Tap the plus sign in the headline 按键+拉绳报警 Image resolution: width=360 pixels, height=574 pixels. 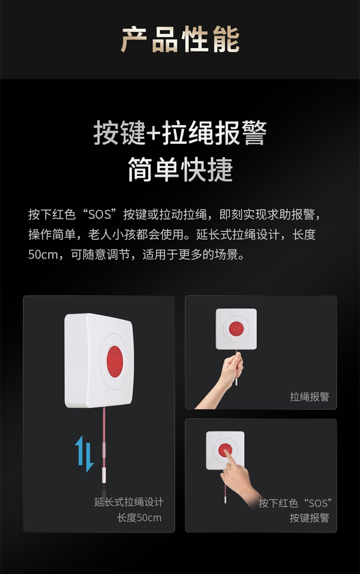coord(154,134)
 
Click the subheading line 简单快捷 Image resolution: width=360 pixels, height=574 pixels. coord(180,170)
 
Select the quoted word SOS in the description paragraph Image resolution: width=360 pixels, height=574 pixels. coord(100,214)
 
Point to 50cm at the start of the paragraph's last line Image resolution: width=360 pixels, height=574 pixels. coord(43,255)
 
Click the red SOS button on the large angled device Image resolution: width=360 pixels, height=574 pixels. coord(115,361)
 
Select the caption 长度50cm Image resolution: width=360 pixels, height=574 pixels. coord(139,518)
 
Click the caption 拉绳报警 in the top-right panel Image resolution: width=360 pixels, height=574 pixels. coord(309,397)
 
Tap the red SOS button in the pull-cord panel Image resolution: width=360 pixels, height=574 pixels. coord(236,329)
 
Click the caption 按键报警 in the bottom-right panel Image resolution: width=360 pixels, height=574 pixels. coord(309,518)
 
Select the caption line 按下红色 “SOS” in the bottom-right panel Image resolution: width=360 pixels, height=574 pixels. coord(295,503)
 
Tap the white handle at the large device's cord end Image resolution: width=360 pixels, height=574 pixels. coord(104,475)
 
